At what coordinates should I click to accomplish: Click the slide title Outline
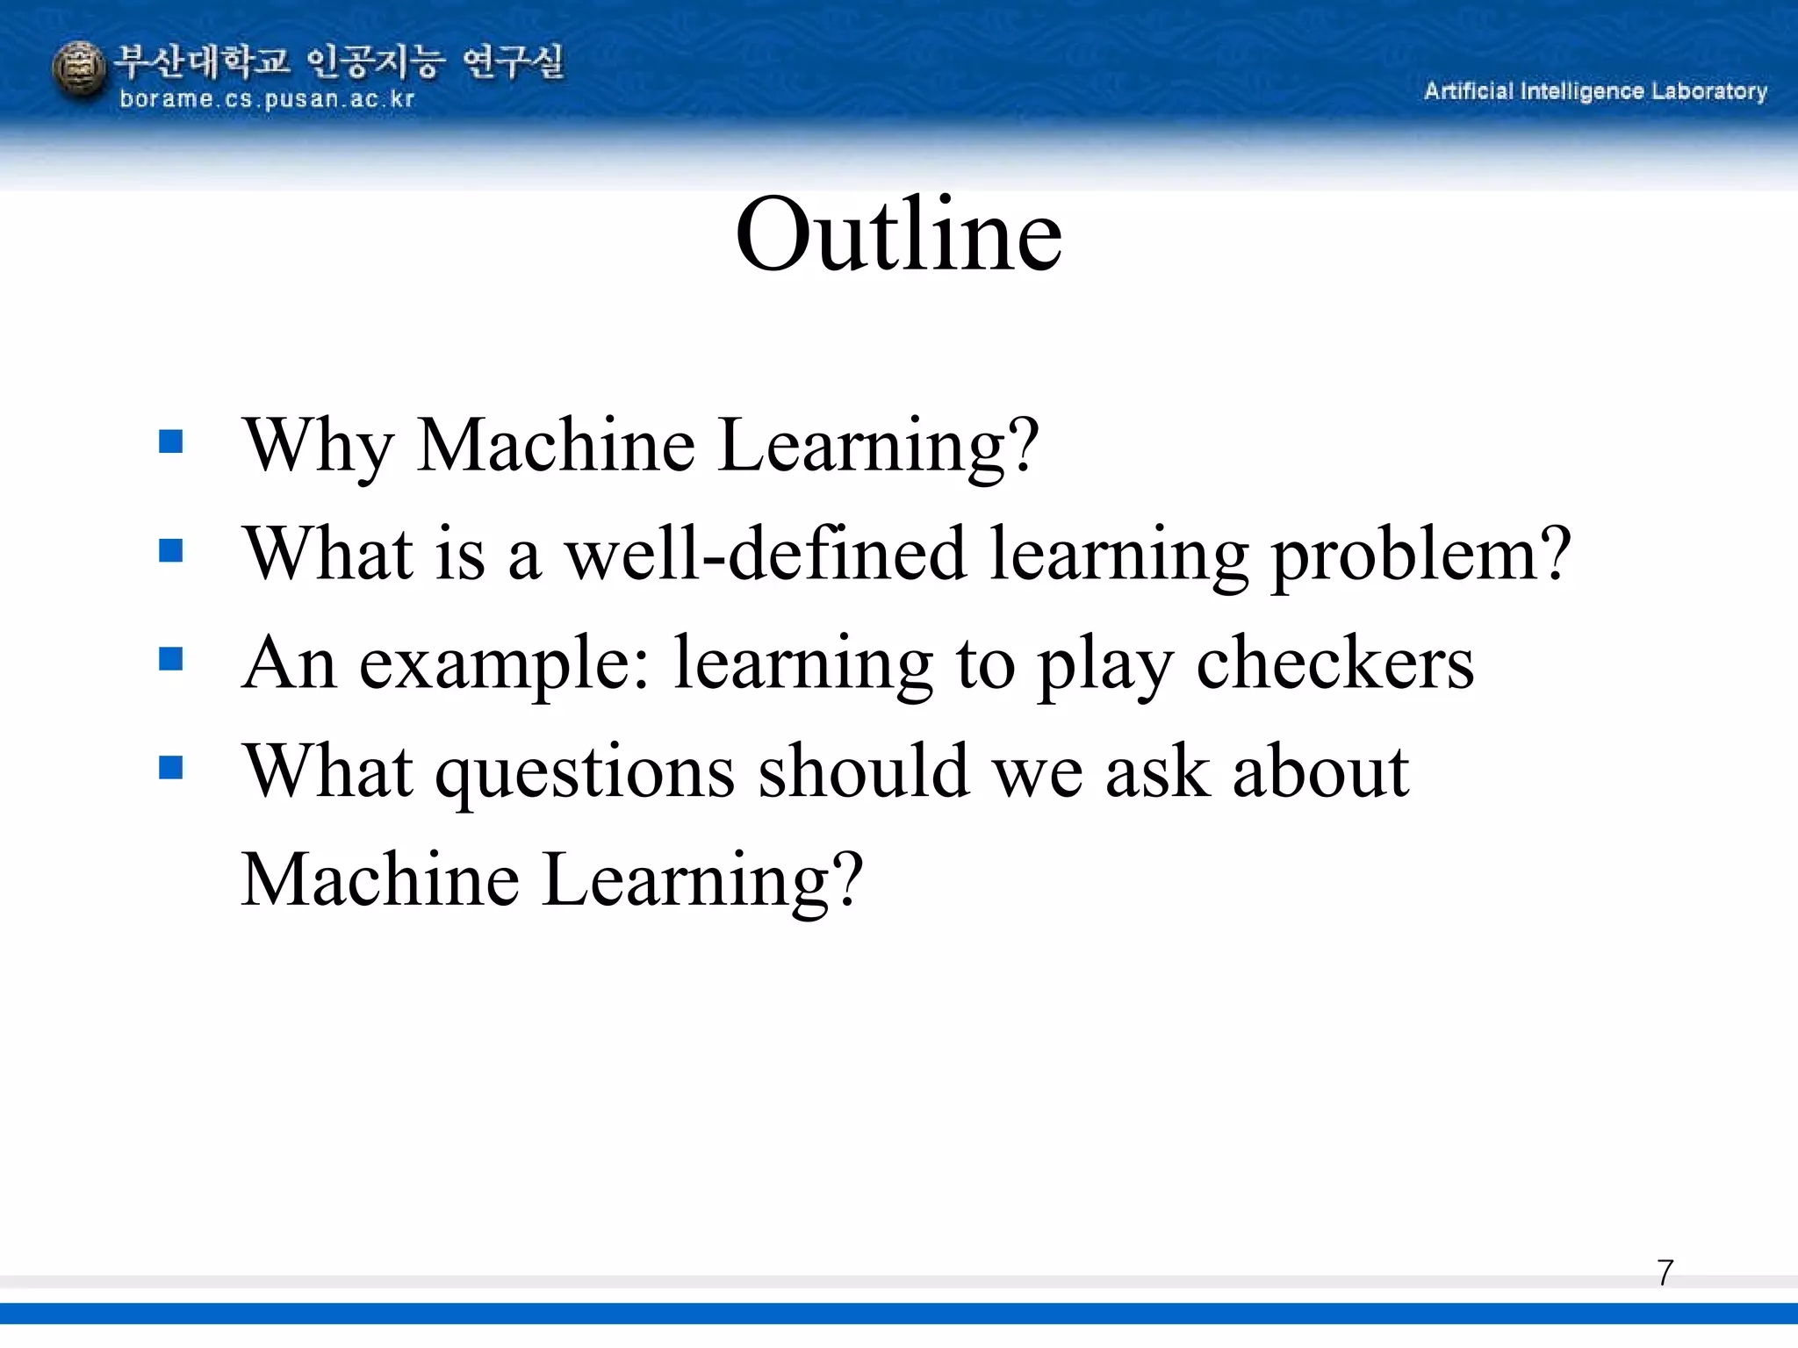tap(898, 235)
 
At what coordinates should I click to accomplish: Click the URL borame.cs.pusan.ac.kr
tap(266, 99)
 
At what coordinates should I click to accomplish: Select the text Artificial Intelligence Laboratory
tap(1594, 91)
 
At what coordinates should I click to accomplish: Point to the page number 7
tap(1665, 1273)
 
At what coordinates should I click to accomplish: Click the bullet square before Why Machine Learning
tap(171, 441)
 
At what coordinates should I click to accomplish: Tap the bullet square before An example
tap(171, 658)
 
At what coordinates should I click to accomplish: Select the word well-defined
tap(765, 555)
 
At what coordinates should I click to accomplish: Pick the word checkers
tap(1334, 663)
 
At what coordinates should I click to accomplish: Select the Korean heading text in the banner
tap(339, 61)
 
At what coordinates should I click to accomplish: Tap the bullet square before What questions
tap(171, 768)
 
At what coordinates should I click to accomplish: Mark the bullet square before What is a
tap(171, 550)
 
